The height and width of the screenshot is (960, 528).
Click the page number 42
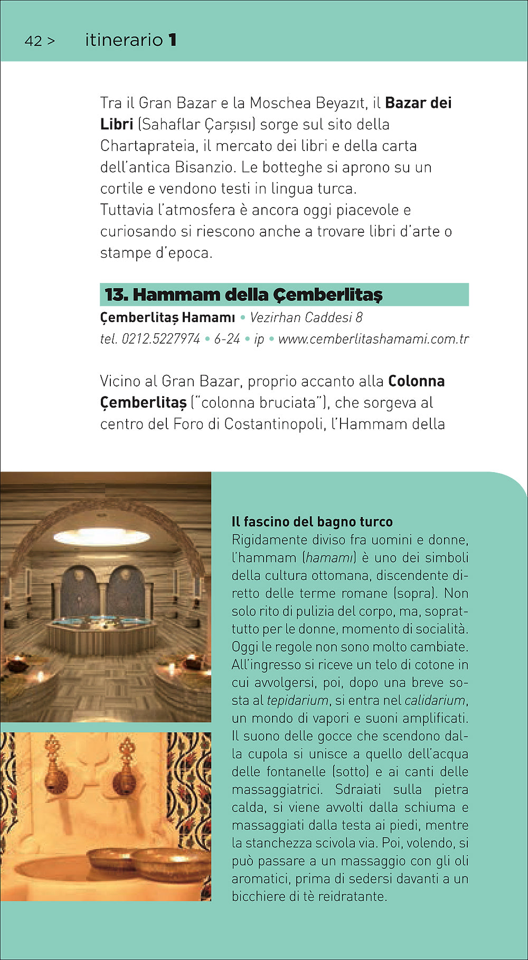[x=33, y=41]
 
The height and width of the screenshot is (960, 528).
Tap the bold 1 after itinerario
[x=172, y=40]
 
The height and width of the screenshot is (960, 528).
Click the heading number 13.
[x=116, y=295]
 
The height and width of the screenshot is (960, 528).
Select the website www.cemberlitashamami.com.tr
[x=373, y=339]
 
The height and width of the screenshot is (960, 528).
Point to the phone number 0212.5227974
[x=161, y=339]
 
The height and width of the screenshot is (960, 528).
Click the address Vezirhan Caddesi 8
[x=306, y=317]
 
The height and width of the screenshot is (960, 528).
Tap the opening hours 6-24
[x=227, y=339]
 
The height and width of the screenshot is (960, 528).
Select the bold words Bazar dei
[x=418, y=103]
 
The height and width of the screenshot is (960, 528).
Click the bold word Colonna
[x=416, y=381]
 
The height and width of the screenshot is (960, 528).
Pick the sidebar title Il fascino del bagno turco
[x=312, y=522]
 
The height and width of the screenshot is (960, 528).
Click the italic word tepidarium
[x=297, y=700]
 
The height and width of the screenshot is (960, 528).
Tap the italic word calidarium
[x=435, y=700]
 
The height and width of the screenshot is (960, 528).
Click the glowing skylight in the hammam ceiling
[x=102, y=536]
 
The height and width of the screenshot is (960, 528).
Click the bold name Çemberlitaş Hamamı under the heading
[x=167, y=317]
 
